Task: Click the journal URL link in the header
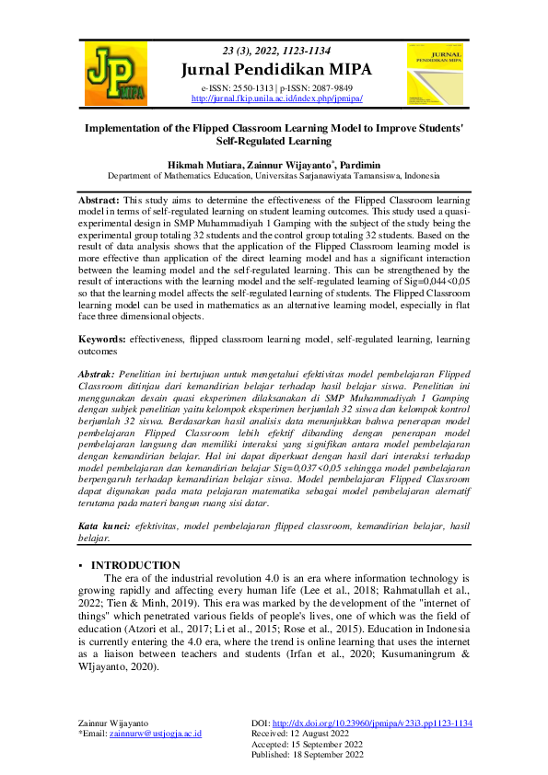(276, 98)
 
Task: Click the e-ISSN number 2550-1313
(246, 87)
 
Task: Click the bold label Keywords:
(103, 340)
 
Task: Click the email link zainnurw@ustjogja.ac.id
(155, 734)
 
